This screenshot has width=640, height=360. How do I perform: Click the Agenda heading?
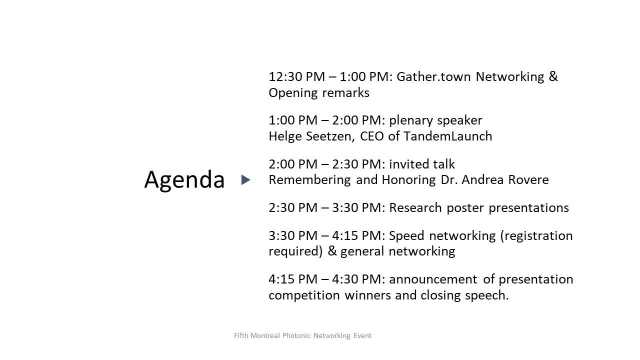click(x=184, y=180)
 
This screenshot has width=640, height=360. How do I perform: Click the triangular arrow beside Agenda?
click(x=245, y=179)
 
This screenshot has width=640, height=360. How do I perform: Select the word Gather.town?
click(x=433, y=77)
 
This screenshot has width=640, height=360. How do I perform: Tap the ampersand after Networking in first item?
click(x=553, y=76)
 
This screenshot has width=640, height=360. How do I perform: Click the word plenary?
click(x=410, y=121)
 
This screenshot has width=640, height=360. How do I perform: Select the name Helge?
click(x=285, y=137)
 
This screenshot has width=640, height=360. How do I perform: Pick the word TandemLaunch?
click(x=447, y=136)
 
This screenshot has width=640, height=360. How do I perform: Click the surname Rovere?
click(x=528, y=180)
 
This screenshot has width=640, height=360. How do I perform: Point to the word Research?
click(x=415, y=207)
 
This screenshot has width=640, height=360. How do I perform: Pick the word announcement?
click(x=433, y=279)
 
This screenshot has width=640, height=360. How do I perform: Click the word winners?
click(x=367, y=295)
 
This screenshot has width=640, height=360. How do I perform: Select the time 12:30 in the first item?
click(x=285, y=77)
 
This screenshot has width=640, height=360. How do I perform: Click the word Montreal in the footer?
click(x=265, y=335)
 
